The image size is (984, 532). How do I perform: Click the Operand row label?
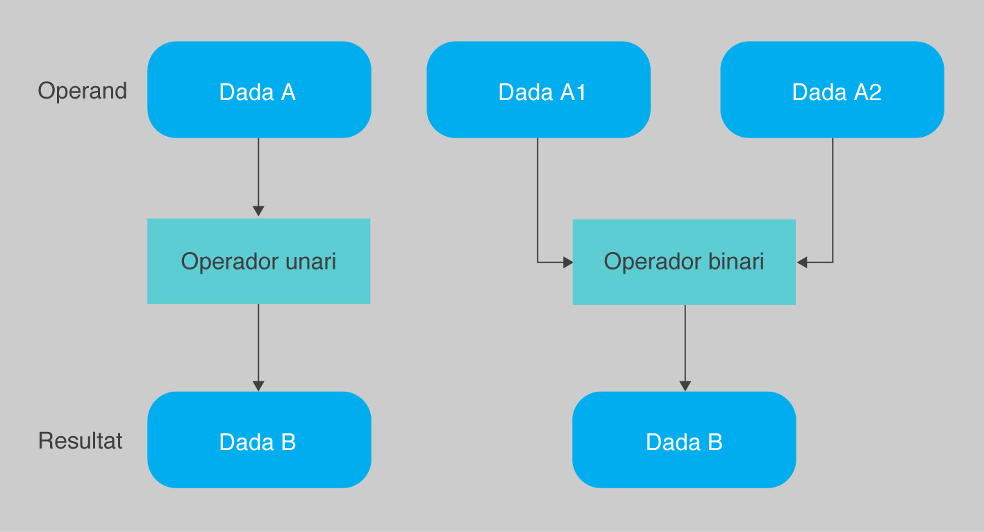point(82,92)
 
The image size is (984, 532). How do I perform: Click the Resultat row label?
point(80,440)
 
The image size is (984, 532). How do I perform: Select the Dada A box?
point(259,90)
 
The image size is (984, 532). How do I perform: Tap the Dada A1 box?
point(539,90)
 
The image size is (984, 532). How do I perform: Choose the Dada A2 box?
point(833,90)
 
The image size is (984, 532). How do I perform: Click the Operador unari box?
point(259,261)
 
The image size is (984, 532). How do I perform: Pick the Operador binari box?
point(684,262)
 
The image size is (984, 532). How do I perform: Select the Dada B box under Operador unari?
point(259,440)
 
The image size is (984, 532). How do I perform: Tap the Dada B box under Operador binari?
point(684,440)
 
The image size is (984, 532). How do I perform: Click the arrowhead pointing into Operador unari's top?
point(258,211)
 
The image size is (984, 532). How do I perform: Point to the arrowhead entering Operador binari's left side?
point(568,263)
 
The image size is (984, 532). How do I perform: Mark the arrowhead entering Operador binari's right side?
point(802,263)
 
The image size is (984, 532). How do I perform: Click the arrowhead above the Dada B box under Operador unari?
point(258,386)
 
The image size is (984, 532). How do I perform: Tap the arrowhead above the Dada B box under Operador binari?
point(685,386)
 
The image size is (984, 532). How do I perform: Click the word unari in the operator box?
point(310,261)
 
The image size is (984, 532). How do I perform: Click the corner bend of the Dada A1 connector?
point(537,263)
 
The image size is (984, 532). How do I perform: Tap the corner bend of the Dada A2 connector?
point(833,263)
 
